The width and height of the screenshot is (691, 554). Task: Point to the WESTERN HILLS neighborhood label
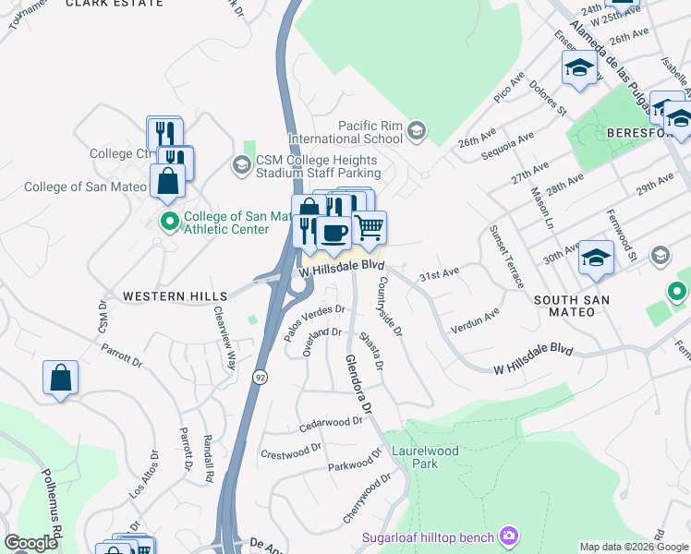point(175,295)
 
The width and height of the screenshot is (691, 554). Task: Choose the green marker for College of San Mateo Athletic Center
point(168,222)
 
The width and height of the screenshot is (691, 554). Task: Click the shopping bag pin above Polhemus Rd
point(60,378)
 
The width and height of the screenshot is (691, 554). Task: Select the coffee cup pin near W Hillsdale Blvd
point(333,231)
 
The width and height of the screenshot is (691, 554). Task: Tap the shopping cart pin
point(370,226)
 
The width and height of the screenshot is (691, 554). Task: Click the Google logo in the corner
point(30,543)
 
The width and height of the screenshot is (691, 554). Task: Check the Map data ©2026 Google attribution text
point(635,547)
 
